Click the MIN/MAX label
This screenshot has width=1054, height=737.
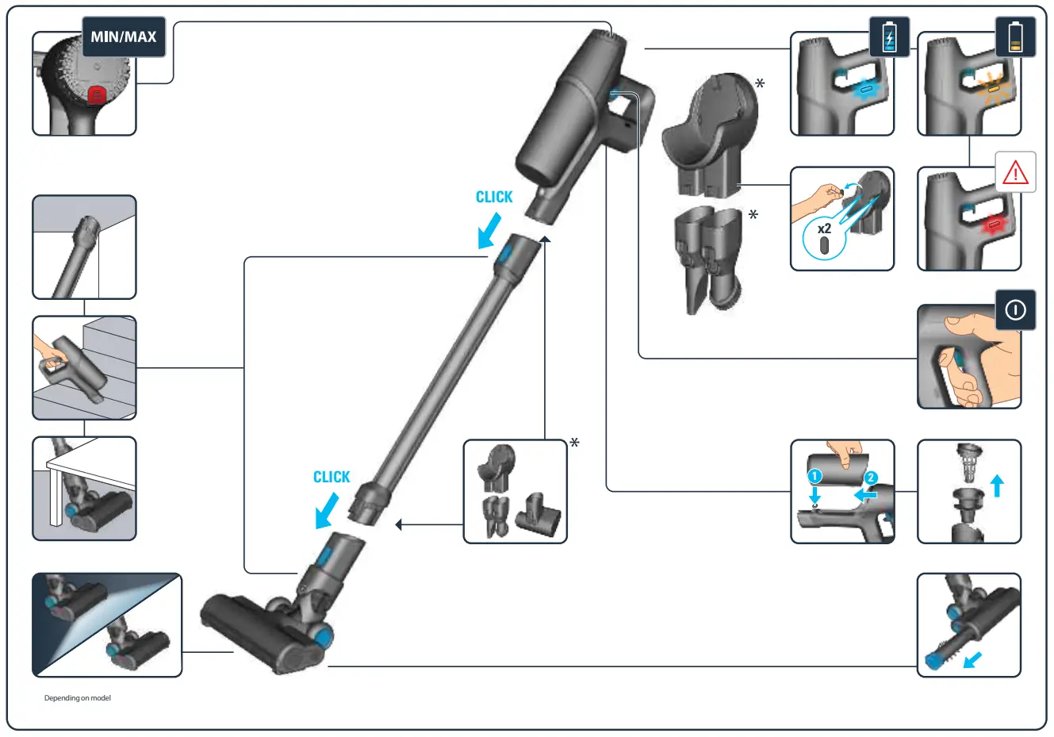click(123, 36)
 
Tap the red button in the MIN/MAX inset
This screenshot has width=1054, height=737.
click(96, 95)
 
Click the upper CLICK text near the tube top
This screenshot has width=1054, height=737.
click(493, 198)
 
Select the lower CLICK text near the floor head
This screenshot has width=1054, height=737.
click(331, 477)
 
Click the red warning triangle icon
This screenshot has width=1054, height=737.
click(1015, 173)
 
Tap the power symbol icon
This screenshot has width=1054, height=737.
click(1014, 310)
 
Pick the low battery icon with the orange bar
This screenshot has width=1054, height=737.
click(1015, 37)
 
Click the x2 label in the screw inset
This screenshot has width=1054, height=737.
click(824, 229)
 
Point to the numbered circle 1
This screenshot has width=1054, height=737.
click(814, 477)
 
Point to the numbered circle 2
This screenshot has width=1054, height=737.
click(870, 478)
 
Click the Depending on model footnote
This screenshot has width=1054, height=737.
click(78, 698)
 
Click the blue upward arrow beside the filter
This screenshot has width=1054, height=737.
click(997, 485)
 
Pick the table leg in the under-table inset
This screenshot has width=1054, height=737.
click(55, 496)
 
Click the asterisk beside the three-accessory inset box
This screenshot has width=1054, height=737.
click(574, 443)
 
